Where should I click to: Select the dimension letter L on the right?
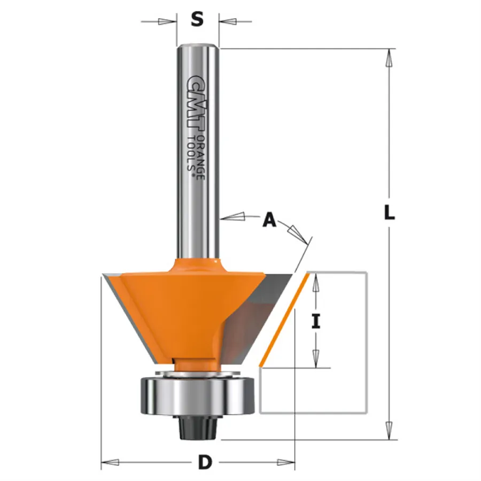coord(390,213)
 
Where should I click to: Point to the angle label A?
coord(269,220)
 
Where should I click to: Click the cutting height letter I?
coord(316,321)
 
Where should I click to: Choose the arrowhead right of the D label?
coord(286,461)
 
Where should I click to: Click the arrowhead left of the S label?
coord(167,21)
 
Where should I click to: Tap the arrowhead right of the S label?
coord(227,21)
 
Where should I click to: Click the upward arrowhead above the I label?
coord(316,281)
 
